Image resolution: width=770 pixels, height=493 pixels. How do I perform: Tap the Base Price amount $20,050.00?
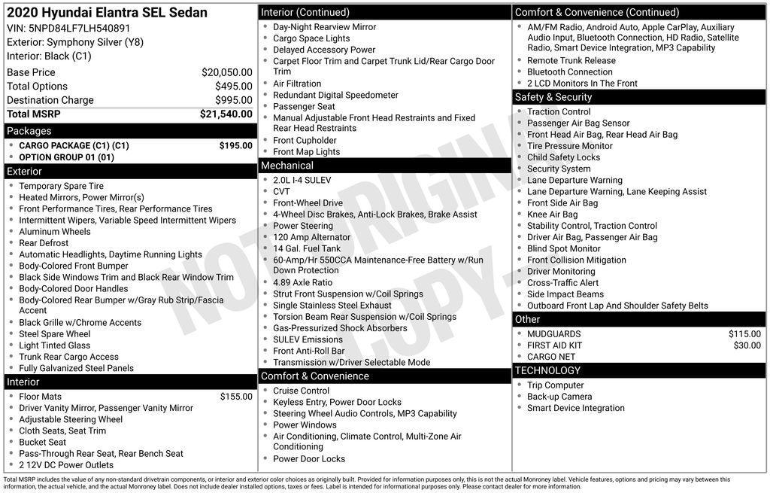pyautogui.click(x=226, y=72)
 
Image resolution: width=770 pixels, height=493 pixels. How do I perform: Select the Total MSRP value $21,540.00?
pyautogui.click(x=226, y=114)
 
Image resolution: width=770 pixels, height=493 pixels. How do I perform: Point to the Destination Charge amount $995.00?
pyautogui.click(x=233, y=100)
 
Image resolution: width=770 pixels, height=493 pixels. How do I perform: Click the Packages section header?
pyautogui.click(x=29, y=131)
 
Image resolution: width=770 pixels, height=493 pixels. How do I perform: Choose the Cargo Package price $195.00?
pyautogui.click(x=235, y=146)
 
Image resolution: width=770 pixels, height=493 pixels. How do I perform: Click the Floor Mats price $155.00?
pyautogui.click(x=236, y=397)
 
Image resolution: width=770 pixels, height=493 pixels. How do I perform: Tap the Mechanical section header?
pyautogui.click(x=287, y=166)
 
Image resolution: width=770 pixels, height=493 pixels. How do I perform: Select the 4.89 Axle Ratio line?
pyautogui.click(x=302, y=282)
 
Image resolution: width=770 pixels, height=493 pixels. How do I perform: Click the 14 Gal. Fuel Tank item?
pyautogui.click(x=307, y=248)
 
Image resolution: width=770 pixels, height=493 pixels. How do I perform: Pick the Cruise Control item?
pyautogui.click(x=302, y=391)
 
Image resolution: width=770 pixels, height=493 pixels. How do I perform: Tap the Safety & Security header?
pyautogui.click(x=553, y=97)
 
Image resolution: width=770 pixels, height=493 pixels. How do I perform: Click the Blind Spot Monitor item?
pyautogui.click(x=563, y=248)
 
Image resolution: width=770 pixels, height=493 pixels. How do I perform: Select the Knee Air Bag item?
pyautogui.click(x=553, y=215)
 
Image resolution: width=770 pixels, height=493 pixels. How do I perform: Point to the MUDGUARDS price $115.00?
pyautogui.click(x=744, y=334)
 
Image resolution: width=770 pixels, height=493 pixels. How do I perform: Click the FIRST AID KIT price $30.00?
pyautogui.click(x=747, y=345)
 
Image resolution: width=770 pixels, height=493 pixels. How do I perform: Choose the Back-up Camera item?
pyautogui.click(x=559, y=397)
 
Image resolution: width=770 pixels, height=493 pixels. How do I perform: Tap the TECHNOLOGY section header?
pyautogui.click(x=547, y=370)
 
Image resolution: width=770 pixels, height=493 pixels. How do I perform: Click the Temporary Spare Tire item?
pyautogui.click(x=62, y=186)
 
